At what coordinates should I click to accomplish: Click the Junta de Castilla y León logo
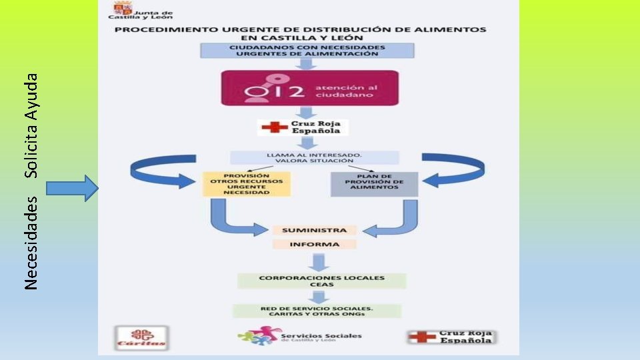tap(142, 13)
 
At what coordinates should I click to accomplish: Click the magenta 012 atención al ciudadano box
tap(309, 88)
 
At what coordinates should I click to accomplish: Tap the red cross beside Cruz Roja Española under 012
tap(271, 127)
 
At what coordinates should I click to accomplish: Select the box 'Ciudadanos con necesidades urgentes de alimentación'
tap(307, 50)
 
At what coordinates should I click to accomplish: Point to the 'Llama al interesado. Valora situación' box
tap(314, 157)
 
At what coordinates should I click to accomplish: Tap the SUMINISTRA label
tap(314, 230)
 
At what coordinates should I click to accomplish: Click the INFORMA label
tap(314, 244)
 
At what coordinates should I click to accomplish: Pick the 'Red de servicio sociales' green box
tap(317, 311)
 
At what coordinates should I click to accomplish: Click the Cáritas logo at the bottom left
tap(141, 338)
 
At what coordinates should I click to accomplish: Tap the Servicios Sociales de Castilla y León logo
tap(300, 335)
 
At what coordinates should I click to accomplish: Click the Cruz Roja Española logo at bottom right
tap(453, 337)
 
